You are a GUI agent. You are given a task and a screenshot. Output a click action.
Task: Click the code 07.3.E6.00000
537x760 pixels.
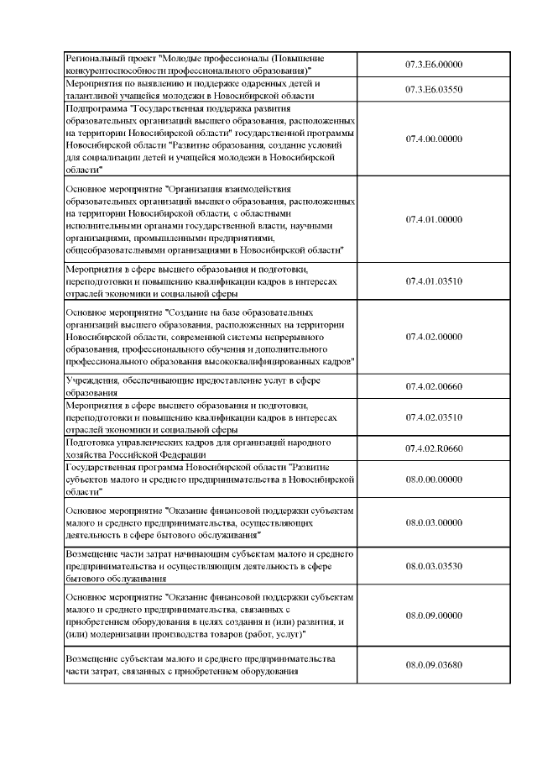point(434,64)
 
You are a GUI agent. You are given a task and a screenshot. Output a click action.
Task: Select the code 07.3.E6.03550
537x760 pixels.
point(434,89)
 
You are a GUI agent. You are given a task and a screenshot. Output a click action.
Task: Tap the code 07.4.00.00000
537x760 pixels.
point(434,139)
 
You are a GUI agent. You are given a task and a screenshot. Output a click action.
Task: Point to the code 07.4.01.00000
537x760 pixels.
point(434,219)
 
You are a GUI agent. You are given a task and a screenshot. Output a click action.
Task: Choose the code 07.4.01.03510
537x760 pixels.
point(434,281)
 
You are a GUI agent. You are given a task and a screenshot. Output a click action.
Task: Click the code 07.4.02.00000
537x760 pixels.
point(434,337)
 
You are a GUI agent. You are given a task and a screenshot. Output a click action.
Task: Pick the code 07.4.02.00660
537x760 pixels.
point(434,386)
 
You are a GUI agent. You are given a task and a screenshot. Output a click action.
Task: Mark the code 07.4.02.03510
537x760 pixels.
point(434,417)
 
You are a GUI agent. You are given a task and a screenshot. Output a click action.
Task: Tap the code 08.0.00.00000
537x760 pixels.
point(434,479)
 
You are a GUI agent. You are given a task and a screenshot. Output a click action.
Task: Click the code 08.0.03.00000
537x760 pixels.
point(434,522)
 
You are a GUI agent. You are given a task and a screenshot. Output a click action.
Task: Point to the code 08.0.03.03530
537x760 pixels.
point(434,566)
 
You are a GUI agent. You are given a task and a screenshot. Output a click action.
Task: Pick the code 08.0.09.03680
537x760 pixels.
point(434,664)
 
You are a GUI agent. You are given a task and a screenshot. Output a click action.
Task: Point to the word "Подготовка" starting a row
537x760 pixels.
point(91,442)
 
